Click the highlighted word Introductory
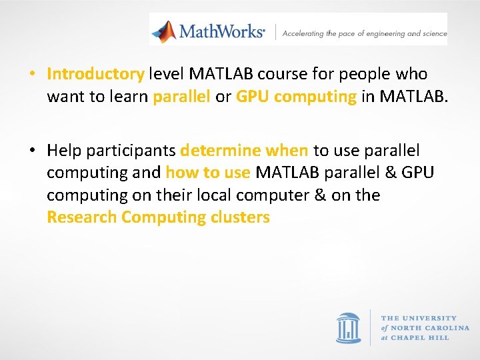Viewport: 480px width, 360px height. click(x=95, y=74)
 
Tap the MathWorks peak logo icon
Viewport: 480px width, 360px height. click(x=163, y=31)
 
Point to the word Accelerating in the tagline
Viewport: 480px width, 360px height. click(x=303, y=33)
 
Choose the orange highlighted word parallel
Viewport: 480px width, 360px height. click(x=181, y=97)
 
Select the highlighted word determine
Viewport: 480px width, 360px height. click(x=220, y=150)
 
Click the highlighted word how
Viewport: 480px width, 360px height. click(x=179, y=173)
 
